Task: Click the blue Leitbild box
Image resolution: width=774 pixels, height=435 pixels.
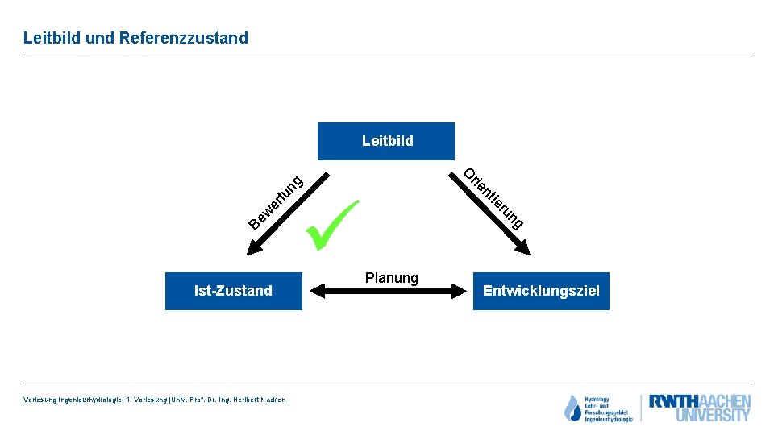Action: click(x=386, y=141)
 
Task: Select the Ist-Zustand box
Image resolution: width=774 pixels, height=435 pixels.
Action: click(x=233, y=291)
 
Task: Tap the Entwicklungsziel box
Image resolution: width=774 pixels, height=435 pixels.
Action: click(x=541, y=291)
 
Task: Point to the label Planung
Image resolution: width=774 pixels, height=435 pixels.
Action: click(x=391, y=278)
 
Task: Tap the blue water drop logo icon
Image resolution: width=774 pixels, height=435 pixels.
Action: click(x=572, y=408)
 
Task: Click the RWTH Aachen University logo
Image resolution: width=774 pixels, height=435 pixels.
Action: click(x=700, y=408)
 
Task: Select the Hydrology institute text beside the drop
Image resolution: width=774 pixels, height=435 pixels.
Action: click(x=609, y=408)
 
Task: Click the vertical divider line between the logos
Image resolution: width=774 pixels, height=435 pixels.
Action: click(x=641, y=408)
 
